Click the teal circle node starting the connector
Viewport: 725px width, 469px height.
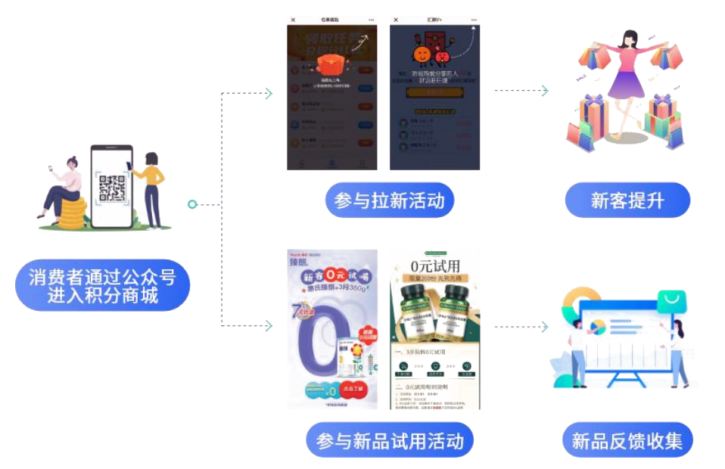(192, 204)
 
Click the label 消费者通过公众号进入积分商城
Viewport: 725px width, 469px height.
(103, 285)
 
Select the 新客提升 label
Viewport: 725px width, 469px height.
(627, 200)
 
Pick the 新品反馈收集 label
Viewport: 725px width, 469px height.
(627, 440)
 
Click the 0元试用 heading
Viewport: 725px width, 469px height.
(435, 266)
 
